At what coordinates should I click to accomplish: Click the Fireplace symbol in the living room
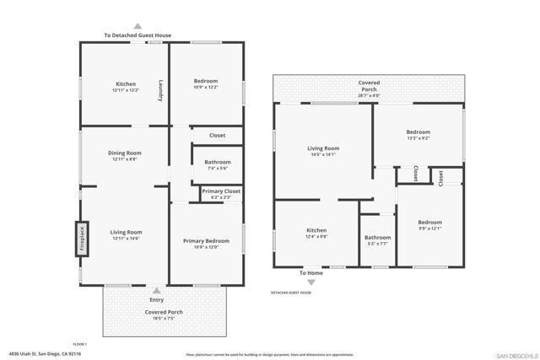click(x=83, y=238)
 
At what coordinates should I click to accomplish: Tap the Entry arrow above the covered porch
click(x=156, y=290)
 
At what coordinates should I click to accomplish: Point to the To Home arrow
click(x=311, y=281)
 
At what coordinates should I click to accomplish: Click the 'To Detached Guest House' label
click(x=138, y=35)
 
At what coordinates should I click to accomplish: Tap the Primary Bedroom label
click(x=206, y=241)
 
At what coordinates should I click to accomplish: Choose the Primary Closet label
click(x=221, y=191)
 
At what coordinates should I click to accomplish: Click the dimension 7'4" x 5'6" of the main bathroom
click(x=217, y=169)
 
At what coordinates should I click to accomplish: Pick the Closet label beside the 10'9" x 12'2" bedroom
click(x=217, y=135)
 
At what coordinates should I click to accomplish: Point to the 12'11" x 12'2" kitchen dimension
click(x=126, y=90)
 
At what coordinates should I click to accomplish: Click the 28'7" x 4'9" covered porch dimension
click(x=369, y=95)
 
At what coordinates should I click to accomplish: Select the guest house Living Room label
click(x=322, y=148)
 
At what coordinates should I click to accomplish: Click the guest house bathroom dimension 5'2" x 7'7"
click(x=377, y=244)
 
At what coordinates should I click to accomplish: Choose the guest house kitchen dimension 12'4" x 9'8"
click(x=316, y=237)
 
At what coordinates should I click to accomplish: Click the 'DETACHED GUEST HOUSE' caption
click(x=291, y=293)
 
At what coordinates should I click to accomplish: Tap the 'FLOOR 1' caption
click(x=80, y=343)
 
